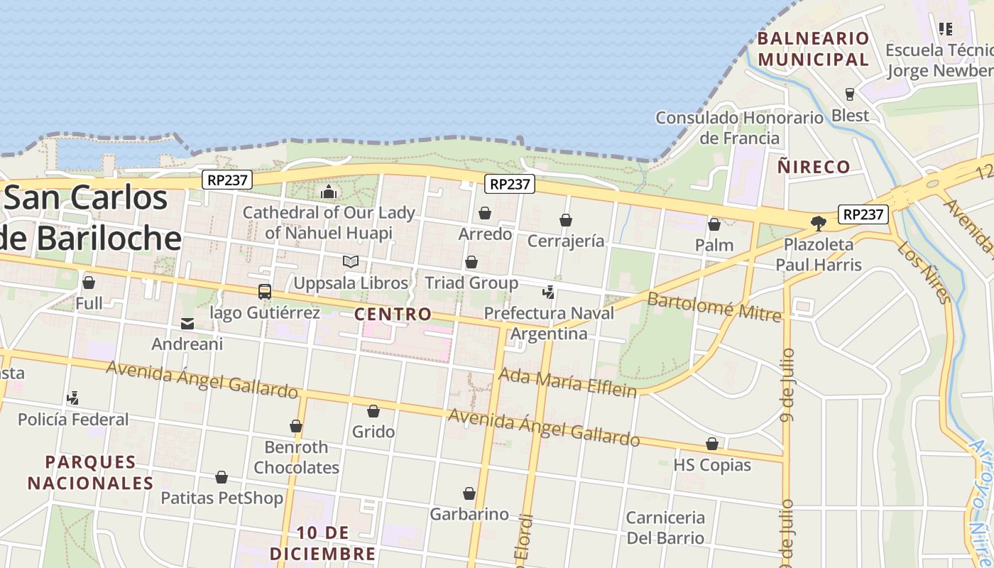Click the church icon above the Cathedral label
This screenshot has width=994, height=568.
click(x=329, y=192)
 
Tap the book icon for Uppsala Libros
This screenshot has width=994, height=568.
click(x=351, y=261)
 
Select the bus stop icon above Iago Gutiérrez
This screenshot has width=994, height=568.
click(x=265, y=291)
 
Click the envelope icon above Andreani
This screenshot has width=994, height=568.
click(x=187, y=324)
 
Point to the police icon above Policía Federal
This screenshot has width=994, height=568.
click(x=72, y=398)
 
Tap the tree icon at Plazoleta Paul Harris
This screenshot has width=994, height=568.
click(x=819, y=224)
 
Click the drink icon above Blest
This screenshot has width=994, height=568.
click(x=849, y=94)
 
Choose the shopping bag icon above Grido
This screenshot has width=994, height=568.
click(x=373, y=411)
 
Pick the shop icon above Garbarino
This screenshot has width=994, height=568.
click(x=469, y=493)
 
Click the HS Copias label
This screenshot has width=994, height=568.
click(x=712, y=465)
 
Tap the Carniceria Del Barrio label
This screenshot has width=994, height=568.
click(x=665, y=528)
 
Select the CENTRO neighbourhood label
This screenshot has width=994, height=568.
click(x=393, y=314)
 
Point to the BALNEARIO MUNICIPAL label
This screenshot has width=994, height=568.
click(x=814, y=48)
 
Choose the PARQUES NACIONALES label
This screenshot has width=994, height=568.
click(x=90, y=472)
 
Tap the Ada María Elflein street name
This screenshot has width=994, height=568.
click(x=568, y=383)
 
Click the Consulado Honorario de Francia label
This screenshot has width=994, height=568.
click(x=739, y=128)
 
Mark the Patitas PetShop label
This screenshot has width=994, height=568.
click(x=222, y=498)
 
